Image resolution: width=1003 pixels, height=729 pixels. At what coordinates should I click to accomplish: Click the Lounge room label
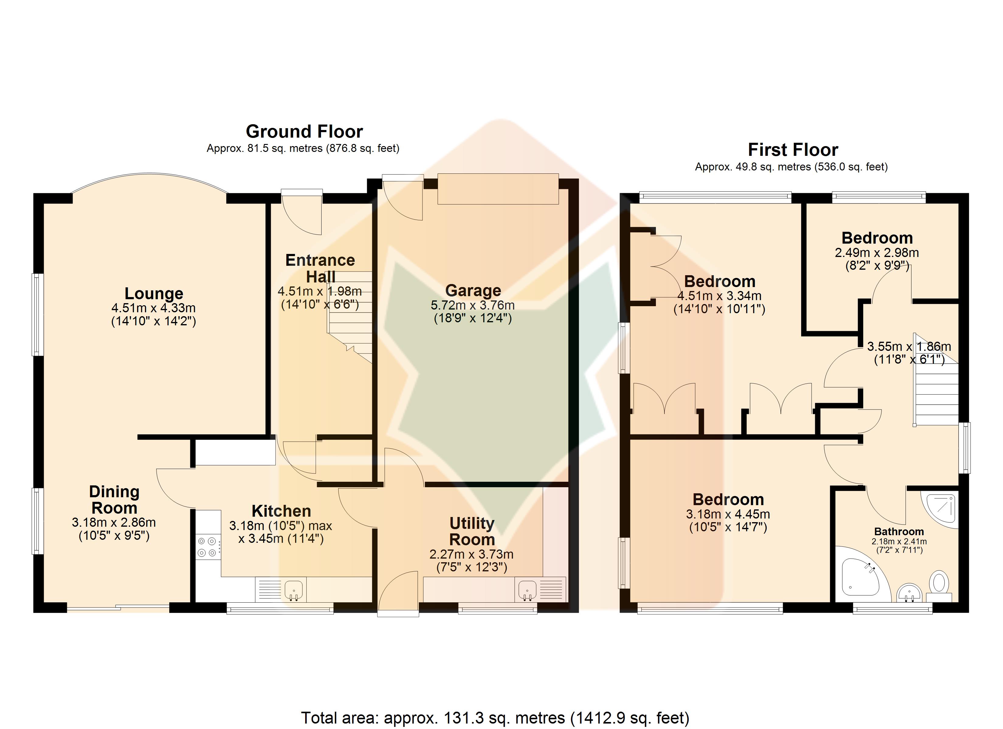[154, 293]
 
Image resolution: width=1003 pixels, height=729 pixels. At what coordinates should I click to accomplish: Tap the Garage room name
[473, 290]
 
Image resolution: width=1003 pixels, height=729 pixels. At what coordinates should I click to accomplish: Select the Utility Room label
[472, 531]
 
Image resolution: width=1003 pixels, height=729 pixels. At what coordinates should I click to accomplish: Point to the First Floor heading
[793, 150]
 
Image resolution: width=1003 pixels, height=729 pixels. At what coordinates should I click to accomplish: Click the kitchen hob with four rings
[207, 547]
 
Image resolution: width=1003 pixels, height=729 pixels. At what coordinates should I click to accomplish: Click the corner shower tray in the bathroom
[939, 509]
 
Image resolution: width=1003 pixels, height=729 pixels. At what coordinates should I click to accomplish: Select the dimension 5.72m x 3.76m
[473, 305]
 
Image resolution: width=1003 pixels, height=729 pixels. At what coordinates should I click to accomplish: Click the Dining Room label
[114, 500]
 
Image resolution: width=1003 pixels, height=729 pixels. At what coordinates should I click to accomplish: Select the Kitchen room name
[281, 511]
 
